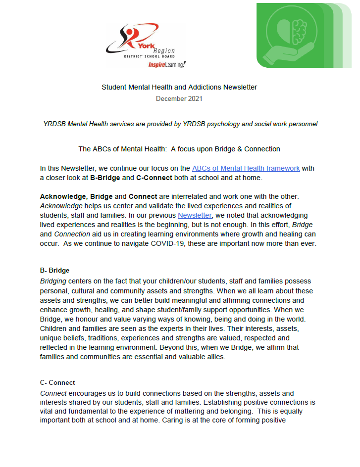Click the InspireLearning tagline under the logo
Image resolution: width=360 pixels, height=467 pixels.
tap(166, 65)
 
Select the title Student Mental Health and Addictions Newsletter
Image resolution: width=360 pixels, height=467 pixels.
tap(179, 87)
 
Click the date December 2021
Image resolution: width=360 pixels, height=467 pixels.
tap(179, 98)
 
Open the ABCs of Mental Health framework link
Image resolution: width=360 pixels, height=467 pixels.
tap(246, 168)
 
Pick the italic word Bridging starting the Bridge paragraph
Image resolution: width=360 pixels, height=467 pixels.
tap(53, 281)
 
